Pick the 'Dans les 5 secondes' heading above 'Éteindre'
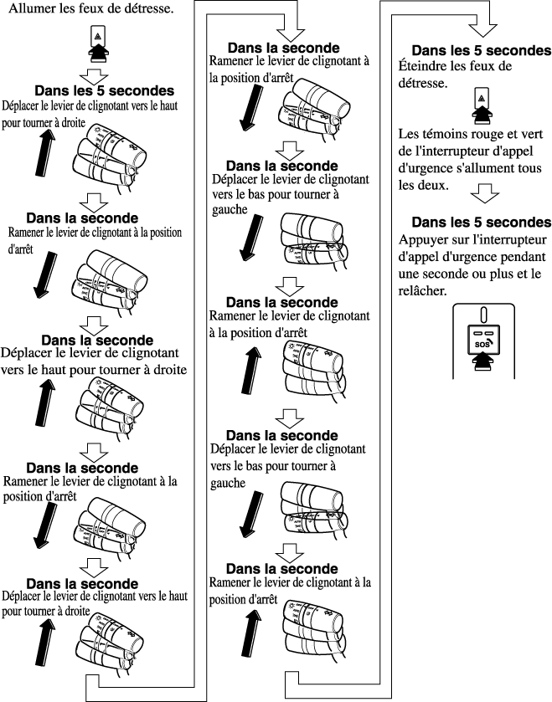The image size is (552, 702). pos(481,51)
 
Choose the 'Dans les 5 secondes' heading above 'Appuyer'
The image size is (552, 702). pos(481,223)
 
